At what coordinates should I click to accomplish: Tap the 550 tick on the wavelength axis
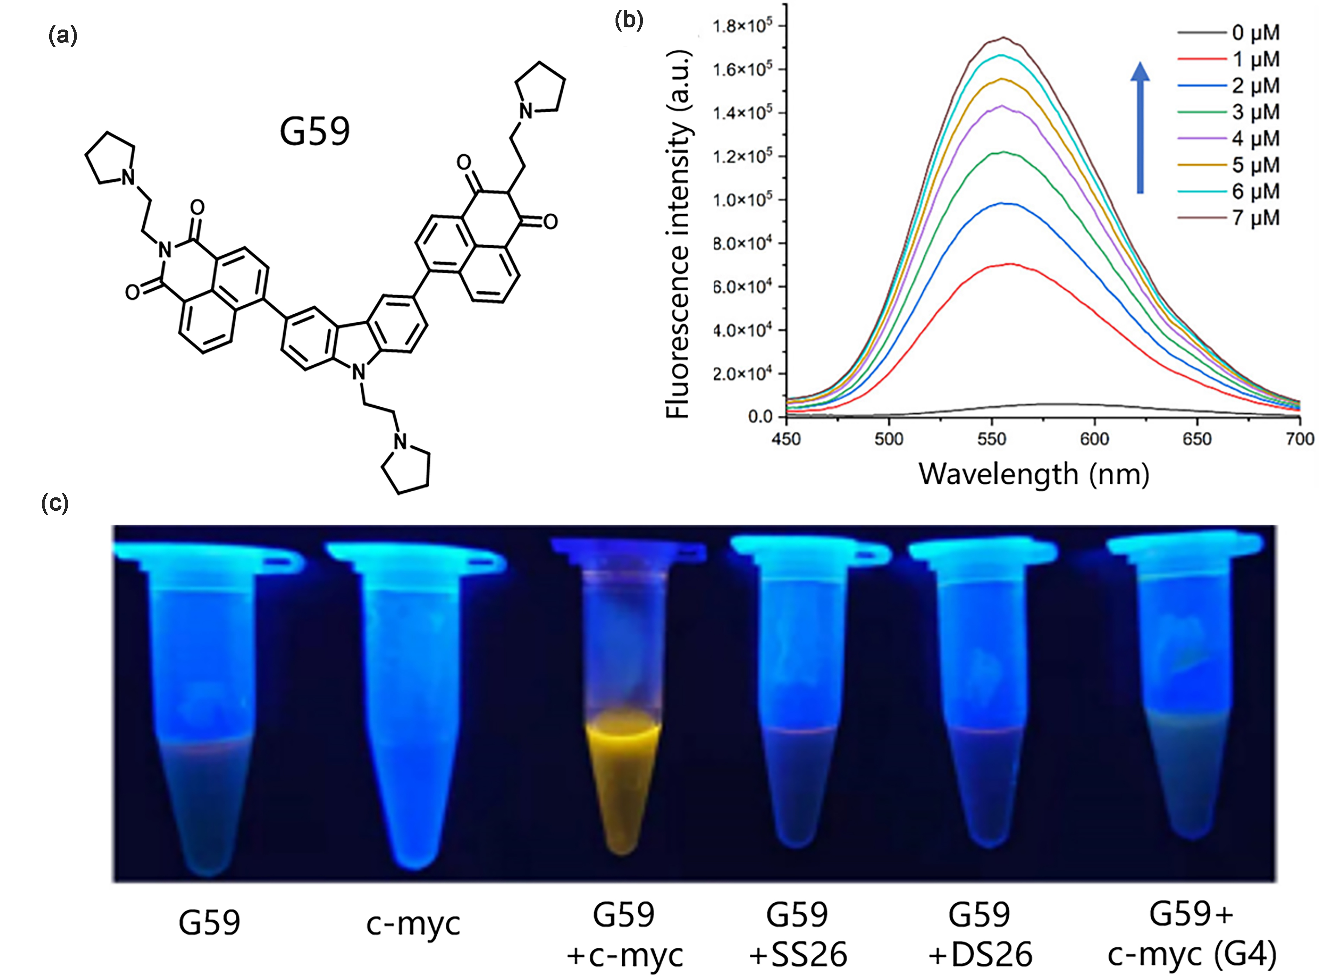tap(991, 439)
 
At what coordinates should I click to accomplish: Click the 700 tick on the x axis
tap(1300, 439)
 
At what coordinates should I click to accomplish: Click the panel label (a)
tap(62, 37)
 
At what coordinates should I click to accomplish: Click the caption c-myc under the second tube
tap(413, 924)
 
